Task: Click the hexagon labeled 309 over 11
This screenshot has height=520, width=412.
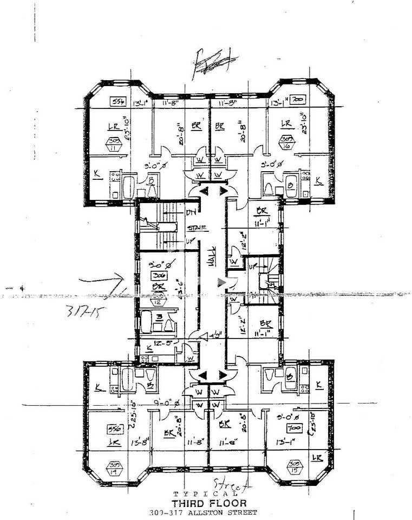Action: pyautogui.click(x=114, y=144)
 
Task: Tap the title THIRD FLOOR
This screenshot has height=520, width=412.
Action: pyautogui.click(x=206, y=503)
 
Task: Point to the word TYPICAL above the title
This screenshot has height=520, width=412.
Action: pyautogui.click(x=206, y=494)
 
